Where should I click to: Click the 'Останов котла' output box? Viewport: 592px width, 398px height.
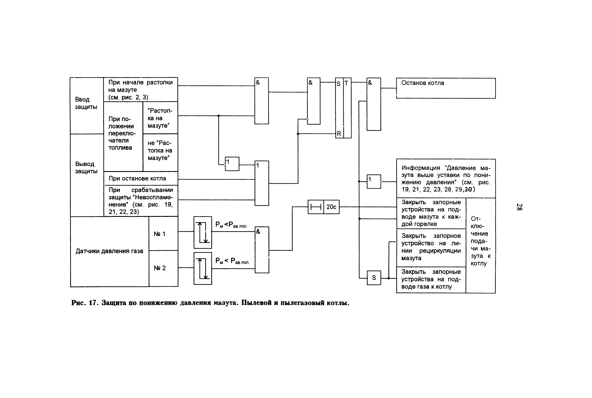[446, 88]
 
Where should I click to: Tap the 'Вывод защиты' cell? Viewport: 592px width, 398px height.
[86, 167]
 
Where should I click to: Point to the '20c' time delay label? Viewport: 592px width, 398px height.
[331, 207]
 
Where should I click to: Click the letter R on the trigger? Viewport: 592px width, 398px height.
[339, 134]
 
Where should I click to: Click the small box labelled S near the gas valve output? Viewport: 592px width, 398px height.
[374, 278]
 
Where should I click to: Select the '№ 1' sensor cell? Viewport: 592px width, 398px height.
[160, 234]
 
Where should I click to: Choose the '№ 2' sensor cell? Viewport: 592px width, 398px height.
[160, 268]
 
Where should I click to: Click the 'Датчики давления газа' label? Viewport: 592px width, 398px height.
[109, 251]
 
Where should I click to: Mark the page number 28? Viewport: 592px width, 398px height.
[519, 207]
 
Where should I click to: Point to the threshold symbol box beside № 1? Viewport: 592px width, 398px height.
[203, 232]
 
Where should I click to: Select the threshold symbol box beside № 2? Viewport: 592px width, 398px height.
[203, 268]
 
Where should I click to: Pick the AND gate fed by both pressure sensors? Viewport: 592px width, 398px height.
[262, 250]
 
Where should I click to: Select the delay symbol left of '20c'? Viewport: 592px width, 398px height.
[316, 207]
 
